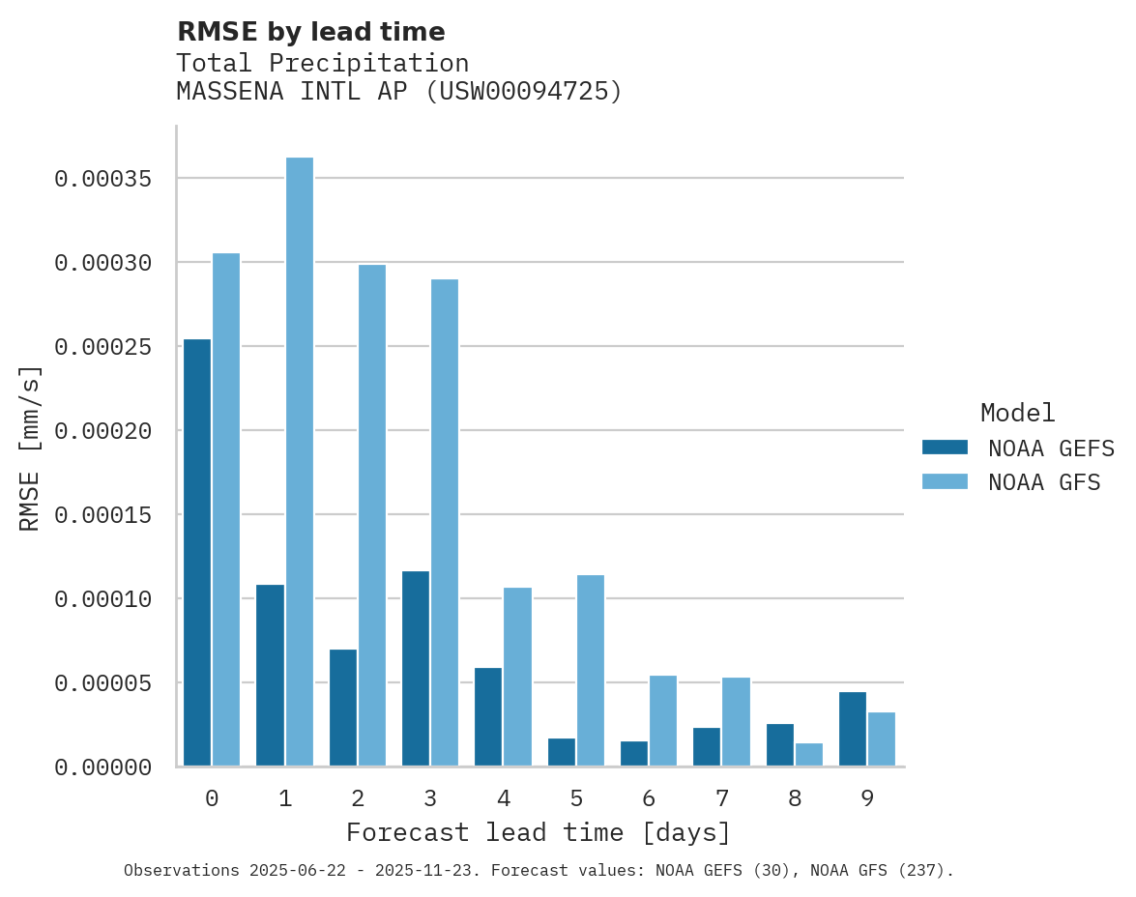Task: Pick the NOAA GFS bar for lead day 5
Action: point(590,671)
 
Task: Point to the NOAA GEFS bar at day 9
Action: point(853,730)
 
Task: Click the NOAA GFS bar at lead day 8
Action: point(809,755)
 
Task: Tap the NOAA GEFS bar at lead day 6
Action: point(634,754)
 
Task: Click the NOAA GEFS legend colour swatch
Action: point(945,447)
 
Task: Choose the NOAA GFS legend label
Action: point(1044,482)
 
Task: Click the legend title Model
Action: point(1017,413)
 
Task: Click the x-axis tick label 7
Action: point(721,799)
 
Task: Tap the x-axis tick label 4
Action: point(503,799)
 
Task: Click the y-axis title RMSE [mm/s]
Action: point(30,448)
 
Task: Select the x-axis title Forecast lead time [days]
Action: point(539,832)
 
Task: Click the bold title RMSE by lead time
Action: point(310,32)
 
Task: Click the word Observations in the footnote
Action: point(182,871)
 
